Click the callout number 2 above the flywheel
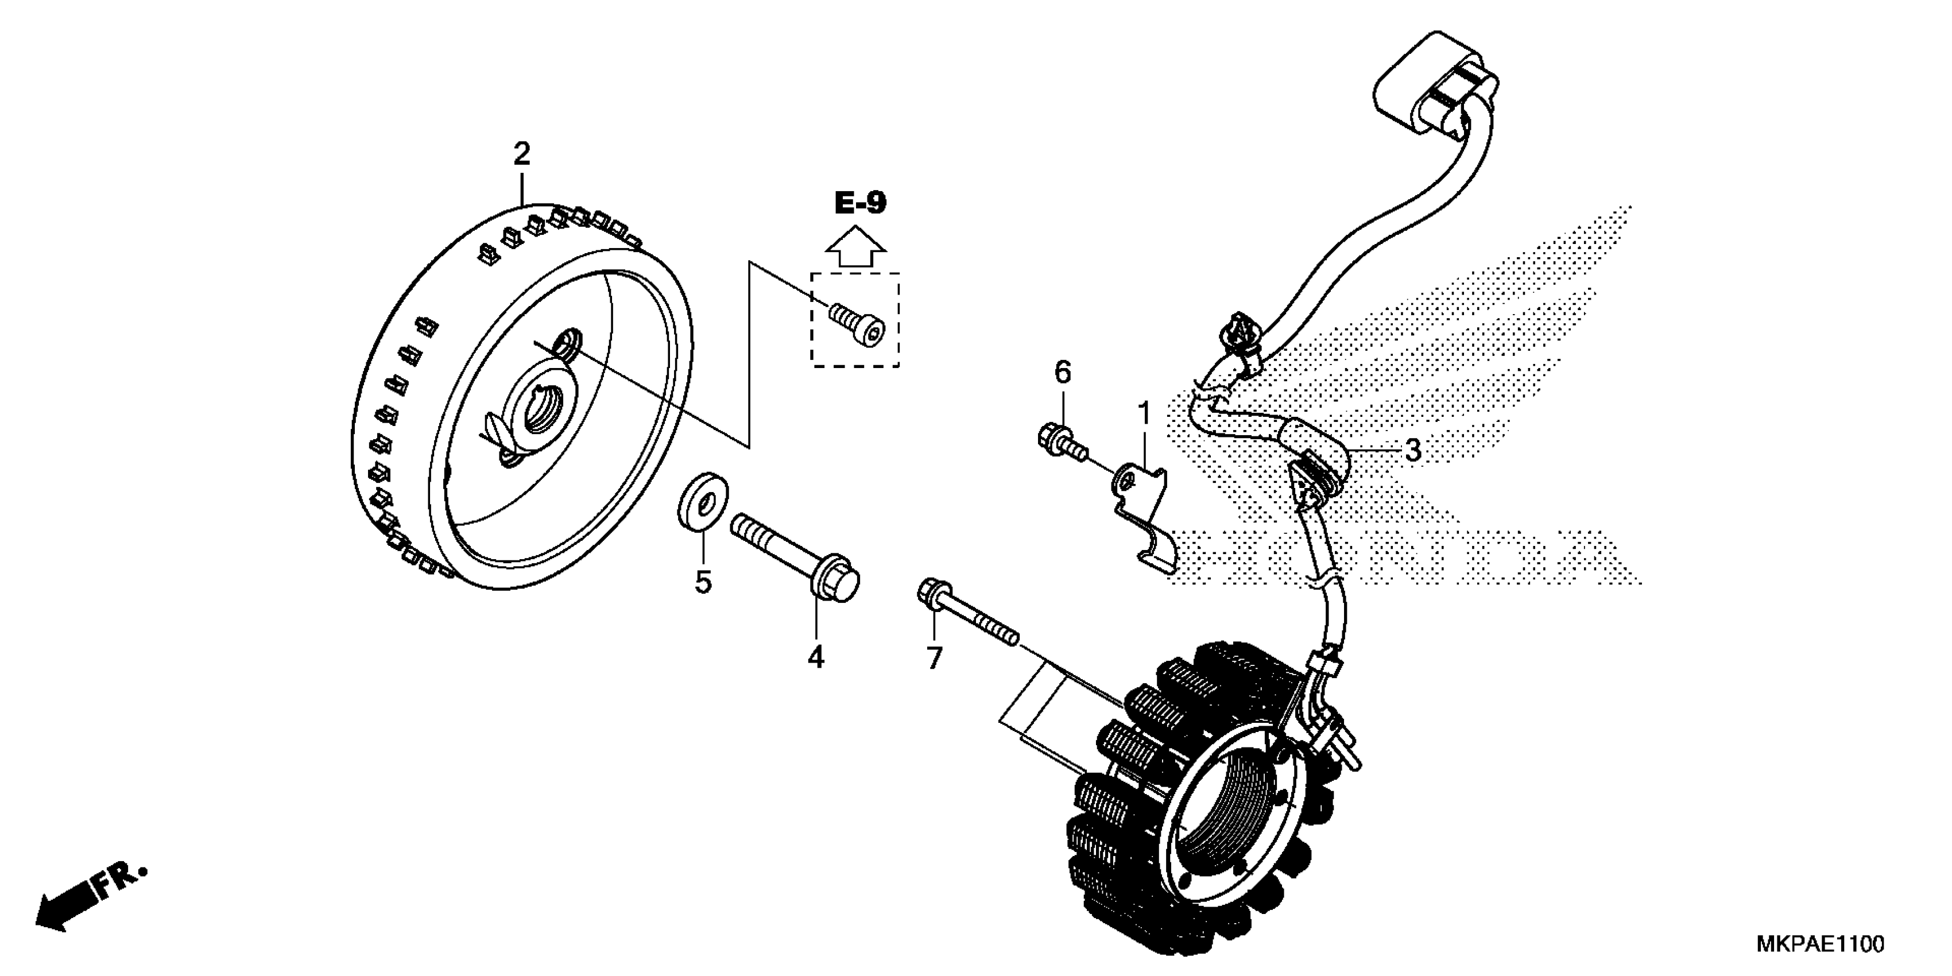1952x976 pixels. click(521, 154)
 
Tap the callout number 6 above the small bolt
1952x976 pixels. click(1063, 372)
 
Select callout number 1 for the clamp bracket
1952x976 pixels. click(1144, 414)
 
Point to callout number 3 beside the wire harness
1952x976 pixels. click(1412, 450)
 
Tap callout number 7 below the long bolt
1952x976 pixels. click(934, 658)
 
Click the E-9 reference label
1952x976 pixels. click(860, 203)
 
